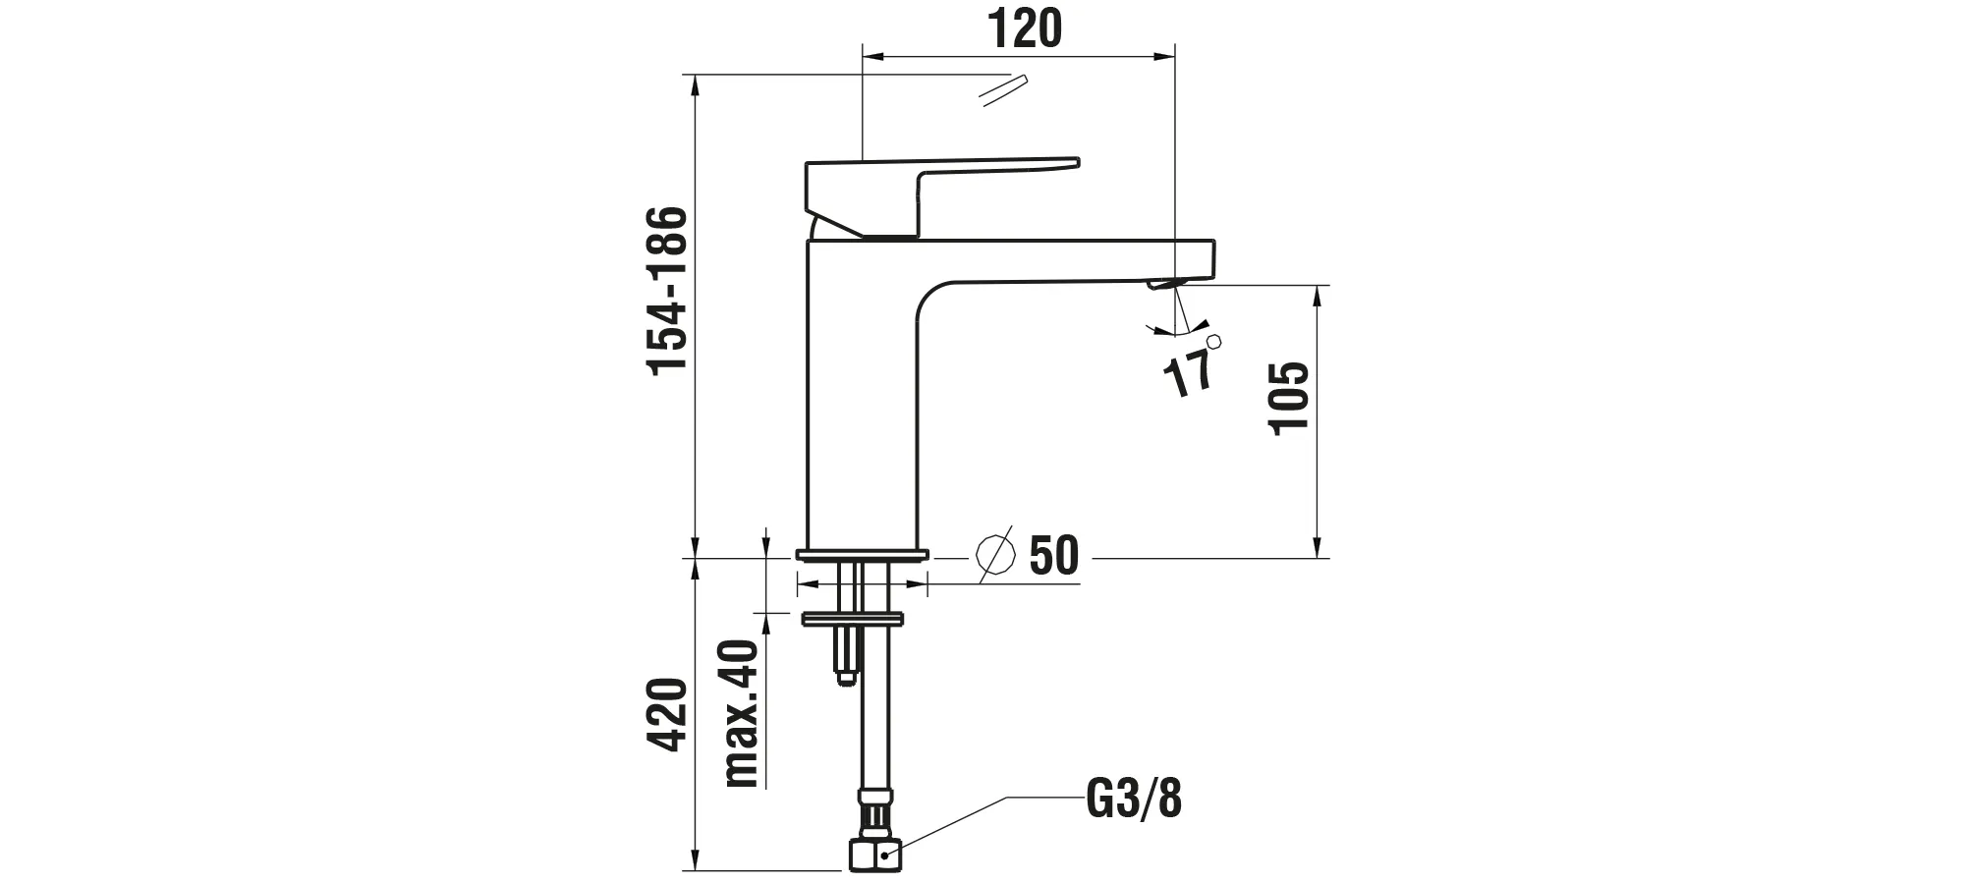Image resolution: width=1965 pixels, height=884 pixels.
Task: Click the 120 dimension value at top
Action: tap(1024, 29)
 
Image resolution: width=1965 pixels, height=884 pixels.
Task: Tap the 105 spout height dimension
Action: tap(1289, 397)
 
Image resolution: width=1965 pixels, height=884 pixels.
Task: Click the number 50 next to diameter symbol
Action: tap(1053, 556)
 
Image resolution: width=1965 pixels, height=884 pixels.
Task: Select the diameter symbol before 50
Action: tap(995, 556)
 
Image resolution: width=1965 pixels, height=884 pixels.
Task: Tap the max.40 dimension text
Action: tap(743, 713)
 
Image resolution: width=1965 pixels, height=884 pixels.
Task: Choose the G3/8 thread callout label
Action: tap(1134, 800)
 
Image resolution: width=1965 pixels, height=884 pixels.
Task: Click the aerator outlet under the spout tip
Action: tap(1167, 284)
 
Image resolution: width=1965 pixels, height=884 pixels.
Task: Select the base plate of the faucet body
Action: tap(862, 555)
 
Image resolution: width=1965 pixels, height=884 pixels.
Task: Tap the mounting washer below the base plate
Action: tap(853, 619)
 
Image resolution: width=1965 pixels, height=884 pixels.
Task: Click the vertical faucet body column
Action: tap(860, 413)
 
